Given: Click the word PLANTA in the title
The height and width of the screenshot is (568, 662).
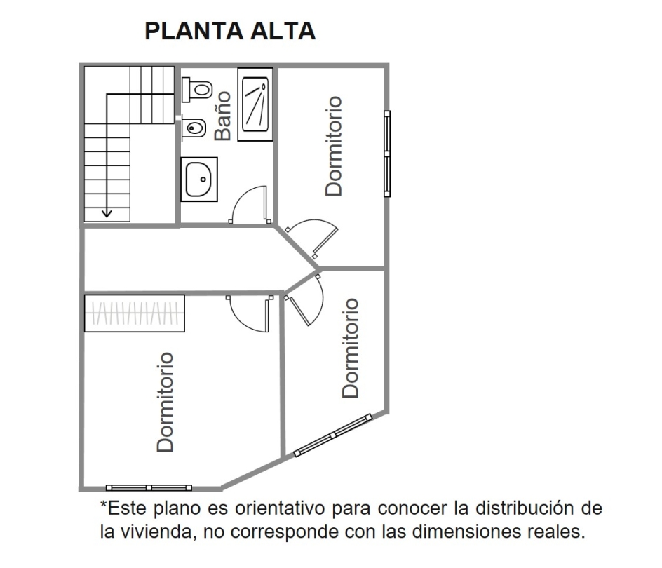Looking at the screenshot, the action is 194,31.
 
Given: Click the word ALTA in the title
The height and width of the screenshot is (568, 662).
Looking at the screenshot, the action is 283,31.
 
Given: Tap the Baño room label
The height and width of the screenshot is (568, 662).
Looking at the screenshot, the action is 222,116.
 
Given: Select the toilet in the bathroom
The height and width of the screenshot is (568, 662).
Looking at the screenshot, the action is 197,90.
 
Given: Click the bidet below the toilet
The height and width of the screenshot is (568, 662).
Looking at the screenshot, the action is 194,128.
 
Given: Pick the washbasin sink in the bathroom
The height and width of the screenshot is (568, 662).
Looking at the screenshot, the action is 199,180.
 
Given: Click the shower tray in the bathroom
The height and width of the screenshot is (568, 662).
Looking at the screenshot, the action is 255,104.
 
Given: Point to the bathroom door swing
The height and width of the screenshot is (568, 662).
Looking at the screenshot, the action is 250,204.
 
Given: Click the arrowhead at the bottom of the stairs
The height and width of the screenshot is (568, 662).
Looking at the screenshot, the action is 107,214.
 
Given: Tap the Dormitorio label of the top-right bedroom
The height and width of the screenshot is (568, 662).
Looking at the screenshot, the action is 334,146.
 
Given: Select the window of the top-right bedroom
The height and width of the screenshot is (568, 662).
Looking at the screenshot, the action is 386,154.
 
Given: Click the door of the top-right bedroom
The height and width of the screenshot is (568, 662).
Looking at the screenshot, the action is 313,237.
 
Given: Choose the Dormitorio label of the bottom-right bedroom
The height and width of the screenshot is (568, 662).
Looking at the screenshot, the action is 350,348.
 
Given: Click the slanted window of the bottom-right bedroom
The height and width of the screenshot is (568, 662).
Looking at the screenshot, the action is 332,435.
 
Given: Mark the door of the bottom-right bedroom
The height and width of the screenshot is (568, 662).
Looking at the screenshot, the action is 306,299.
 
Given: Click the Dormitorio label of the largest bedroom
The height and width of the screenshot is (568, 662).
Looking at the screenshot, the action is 165,402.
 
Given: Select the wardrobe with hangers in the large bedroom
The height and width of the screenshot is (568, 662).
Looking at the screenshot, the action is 134,313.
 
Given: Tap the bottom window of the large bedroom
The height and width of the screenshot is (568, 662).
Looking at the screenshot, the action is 149,488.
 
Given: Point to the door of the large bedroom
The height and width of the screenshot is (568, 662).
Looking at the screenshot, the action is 250,313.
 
